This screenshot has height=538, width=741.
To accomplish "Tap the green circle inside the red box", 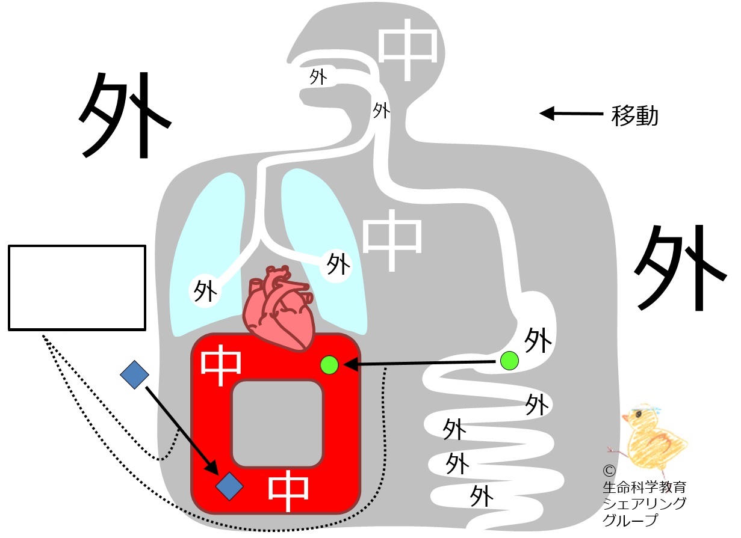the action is point(329,365).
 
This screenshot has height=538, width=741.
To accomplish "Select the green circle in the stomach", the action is point(509,361).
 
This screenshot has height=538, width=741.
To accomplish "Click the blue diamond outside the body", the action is point(134,374).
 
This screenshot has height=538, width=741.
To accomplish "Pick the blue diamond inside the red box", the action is point(229,486).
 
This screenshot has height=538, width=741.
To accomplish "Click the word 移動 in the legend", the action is point(634,115).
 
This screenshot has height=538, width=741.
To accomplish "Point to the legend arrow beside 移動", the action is point(571,113).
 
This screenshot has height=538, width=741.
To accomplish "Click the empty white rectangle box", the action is point(77,288).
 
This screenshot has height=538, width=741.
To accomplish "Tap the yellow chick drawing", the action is point(648,436).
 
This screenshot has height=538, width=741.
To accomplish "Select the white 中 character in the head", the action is point(408,49).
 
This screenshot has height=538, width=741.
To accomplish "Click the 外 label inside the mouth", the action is point(318,77).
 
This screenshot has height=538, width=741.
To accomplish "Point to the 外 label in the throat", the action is point(381,110).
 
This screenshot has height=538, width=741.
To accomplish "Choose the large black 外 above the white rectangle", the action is point(125,115).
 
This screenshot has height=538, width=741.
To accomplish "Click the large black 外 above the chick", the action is point(680,267).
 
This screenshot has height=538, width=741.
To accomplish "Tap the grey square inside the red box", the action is point(277,424).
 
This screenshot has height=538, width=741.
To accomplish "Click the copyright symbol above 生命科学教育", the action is point(609,471).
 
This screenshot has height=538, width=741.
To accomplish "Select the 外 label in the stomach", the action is point(538,340).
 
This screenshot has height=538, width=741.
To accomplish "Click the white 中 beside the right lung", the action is point(392,240).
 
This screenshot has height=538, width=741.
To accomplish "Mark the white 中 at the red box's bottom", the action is point(288,491).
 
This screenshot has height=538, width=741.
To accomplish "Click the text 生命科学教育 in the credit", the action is point(645,487).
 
